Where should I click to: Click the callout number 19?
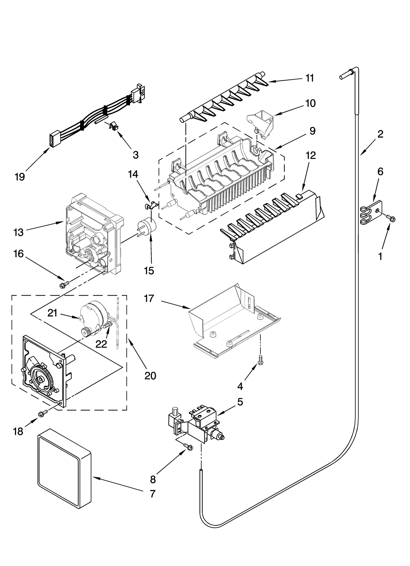pos(20,177)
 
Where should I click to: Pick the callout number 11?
pos(310,78)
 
